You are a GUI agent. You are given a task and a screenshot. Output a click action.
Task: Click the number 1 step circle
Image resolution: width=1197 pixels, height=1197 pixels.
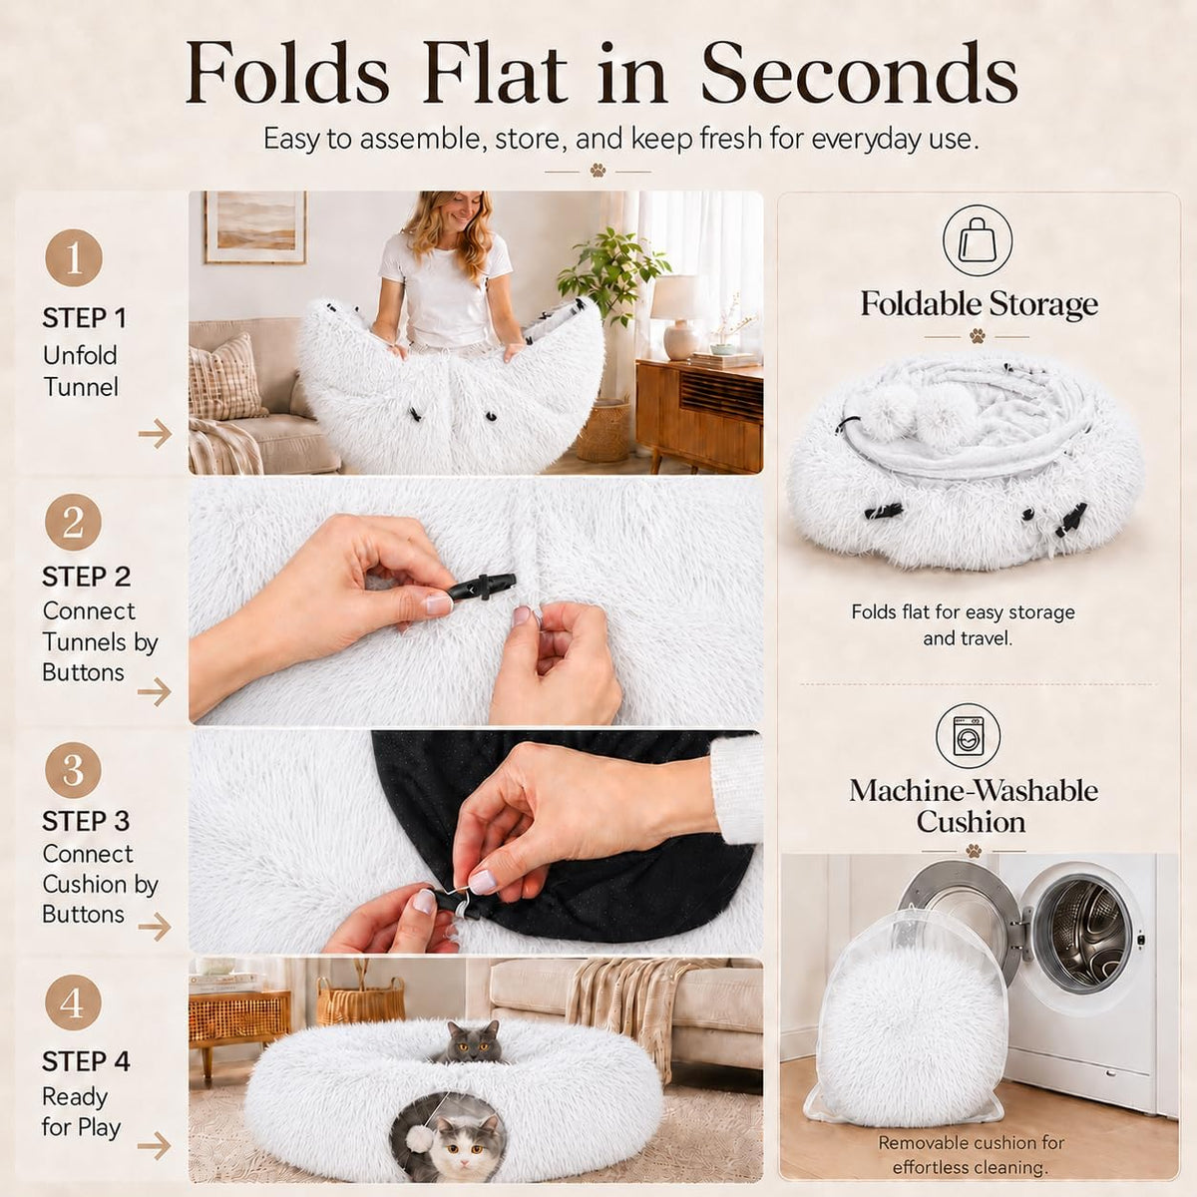coord(73,257)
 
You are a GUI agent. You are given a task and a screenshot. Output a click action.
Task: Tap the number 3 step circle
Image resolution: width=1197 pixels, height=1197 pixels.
coord(73,770)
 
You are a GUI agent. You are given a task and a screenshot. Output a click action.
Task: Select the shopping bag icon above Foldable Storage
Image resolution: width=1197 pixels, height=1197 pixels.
coord(978,240)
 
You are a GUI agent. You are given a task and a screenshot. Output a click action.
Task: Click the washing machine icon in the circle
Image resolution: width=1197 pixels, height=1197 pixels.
coord(969,737)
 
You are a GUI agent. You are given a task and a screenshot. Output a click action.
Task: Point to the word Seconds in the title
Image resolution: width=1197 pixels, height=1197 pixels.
coord(860,74)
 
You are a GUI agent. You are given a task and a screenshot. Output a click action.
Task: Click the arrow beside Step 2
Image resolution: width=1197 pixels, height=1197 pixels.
coord(155,691)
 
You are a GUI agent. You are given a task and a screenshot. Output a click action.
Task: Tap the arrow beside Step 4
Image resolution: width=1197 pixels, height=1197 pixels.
coord(155,1146)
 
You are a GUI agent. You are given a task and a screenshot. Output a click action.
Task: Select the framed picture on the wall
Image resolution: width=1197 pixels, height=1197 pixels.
coord(255,227)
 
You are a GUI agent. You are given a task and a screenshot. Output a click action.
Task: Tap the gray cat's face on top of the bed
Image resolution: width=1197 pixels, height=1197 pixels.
coord(475,1043)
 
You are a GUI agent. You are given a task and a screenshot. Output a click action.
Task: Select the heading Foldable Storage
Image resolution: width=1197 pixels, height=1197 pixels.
coord(979,304)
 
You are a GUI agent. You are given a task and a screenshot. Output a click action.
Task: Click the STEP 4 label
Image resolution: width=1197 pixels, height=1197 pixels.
coord(86,1062)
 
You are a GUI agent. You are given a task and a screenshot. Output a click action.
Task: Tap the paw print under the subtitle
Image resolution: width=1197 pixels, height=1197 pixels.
coord(598,171)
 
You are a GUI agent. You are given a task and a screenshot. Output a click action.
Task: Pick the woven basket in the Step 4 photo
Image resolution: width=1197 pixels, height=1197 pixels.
coord(360,999)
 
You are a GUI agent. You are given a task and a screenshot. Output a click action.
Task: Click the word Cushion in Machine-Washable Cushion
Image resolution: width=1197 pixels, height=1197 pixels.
coord(971,822)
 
